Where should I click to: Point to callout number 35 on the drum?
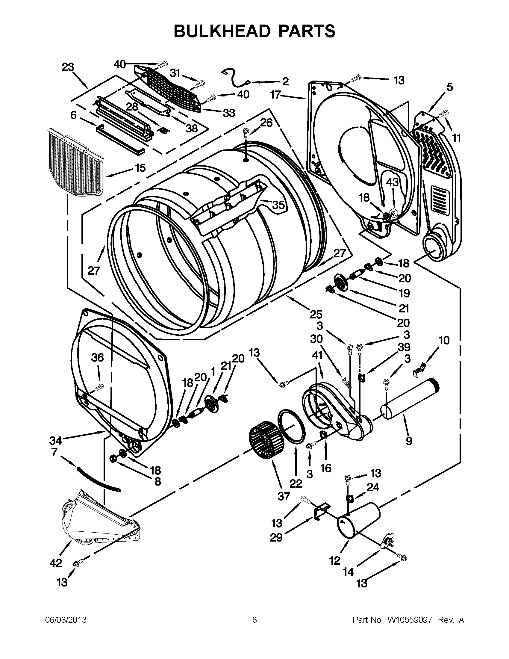(278, 205)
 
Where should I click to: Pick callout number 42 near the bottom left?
(56, 563)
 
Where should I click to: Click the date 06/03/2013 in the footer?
(66, 620)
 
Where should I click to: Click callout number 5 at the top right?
(449, 87)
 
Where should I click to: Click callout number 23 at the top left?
(68, 67)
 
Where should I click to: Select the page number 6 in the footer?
(255, 620)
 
